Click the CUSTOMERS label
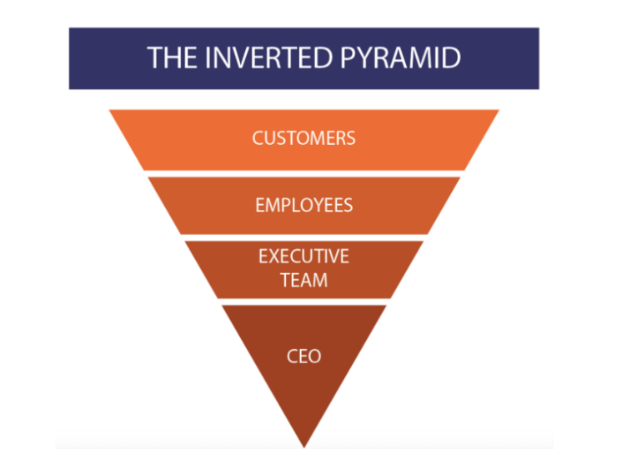303,137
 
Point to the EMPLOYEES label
303,205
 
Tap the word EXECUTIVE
303,257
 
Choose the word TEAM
303,280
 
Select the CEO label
303,356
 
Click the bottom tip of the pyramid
303,445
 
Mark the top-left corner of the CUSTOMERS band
110,111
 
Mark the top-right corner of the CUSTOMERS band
498,111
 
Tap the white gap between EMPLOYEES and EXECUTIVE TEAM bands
303,237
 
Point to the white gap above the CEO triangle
303,302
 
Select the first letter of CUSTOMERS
258,137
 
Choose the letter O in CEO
315,356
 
